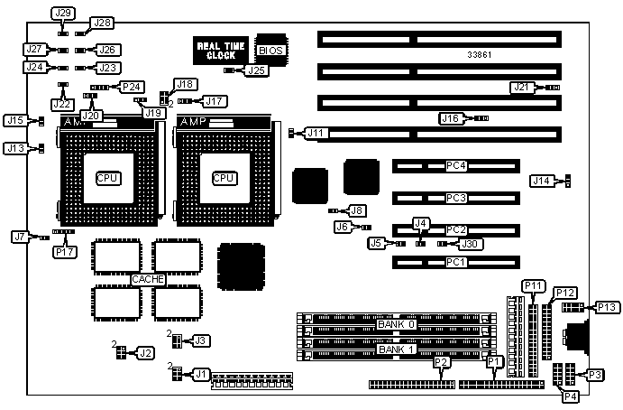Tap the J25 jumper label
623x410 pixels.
[x=257, y=70]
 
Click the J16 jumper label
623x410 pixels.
[x=451, y=118]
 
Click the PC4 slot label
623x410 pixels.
[x=456, y=166]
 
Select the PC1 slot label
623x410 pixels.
[x=456, y=263]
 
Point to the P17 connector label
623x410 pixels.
[x=64, y=252]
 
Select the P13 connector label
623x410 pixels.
[x=607, y=308]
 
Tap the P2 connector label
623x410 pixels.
[x=442, y=362]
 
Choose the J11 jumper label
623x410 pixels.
[x=315, y=133]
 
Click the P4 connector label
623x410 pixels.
[x=570, y=396]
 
